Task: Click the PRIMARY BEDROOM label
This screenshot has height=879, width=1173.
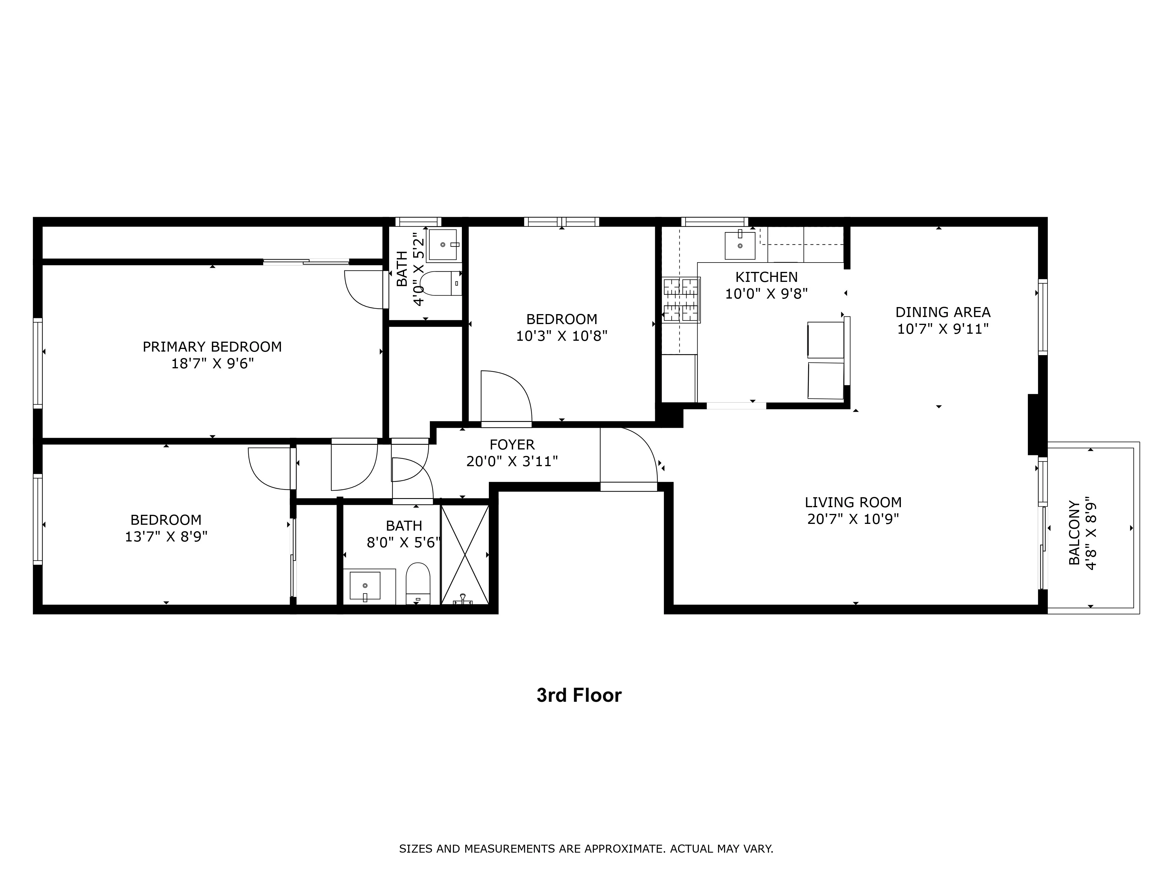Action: coord(212,347)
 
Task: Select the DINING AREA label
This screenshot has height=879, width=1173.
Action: coord(942,312)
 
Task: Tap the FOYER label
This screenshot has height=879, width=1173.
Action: coord(512,444)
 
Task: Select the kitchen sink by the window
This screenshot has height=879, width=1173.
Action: coord(740,245)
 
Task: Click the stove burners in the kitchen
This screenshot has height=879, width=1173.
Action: coord(681,300)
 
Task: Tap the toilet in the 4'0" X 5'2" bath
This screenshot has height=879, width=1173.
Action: coord(440,283)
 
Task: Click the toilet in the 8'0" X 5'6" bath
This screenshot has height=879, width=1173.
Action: coord(418,583)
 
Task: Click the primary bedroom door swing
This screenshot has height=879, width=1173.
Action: coord(365,289)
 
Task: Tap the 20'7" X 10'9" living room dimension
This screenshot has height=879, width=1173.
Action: coord(853,519)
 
